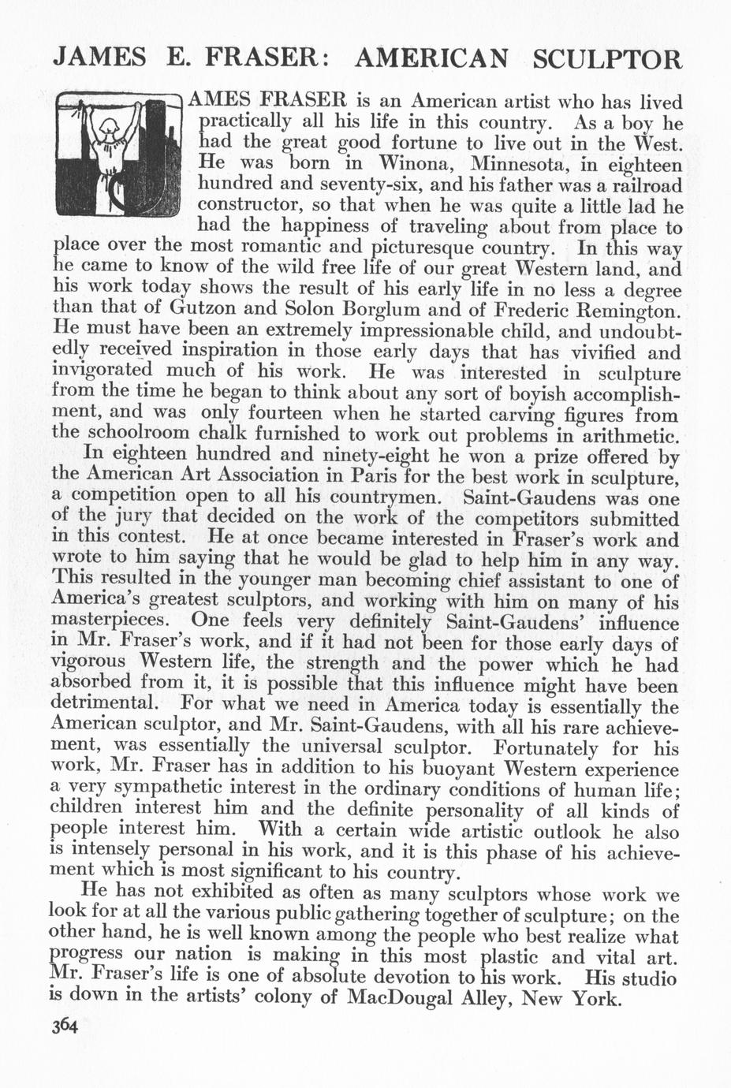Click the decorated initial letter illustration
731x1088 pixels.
(x=121, y=157)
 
